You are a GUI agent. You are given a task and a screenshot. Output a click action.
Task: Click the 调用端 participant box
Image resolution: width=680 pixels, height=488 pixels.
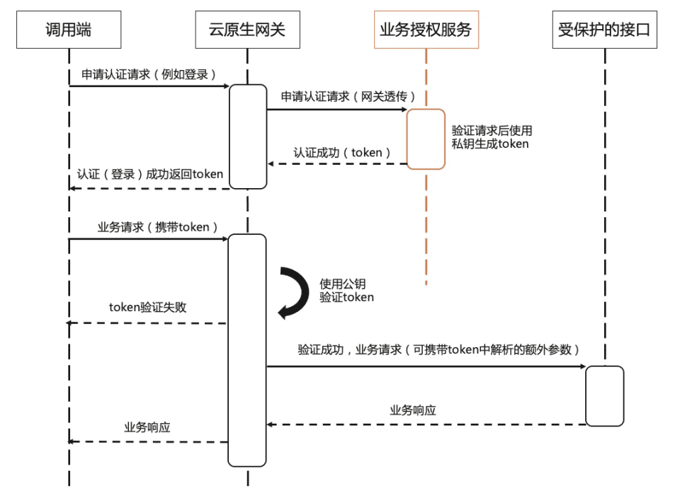tap(69, 30)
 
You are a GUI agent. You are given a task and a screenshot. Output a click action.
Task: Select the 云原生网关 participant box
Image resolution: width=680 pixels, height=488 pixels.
tap(248, 30)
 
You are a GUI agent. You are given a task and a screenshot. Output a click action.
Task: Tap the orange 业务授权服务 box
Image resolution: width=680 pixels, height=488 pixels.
tap(426, 30)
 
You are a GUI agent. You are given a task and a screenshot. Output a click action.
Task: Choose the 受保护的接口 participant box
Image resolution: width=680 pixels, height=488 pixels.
tap(604, 30)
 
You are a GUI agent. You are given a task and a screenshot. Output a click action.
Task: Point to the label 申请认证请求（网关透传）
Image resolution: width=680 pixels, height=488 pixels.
tap(337, 96)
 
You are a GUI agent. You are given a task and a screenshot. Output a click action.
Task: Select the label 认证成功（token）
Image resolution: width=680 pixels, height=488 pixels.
tap(338, 152)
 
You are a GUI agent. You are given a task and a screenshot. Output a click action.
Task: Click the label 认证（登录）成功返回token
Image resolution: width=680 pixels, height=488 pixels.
tap(150, 175)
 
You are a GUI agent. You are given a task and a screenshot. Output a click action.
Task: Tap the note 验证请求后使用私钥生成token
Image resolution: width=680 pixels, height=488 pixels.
tap(492, 137)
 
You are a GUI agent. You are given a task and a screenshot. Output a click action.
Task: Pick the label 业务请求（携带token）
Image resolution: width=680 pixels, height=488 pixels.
tap(148, 227)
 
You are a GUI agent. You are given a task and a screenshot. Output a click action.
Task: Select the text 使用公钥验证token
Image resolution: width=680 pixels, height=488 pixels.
tap(346, 291)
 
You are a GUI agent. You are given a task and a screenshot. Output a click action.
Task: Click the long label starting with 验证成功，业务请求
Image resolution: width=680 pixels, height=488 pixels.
tap(439, 350)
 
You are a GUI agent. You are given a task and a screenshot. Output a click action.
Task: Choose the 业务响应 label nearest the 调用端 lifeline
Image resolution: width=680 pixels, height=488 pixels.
tap(147, 427)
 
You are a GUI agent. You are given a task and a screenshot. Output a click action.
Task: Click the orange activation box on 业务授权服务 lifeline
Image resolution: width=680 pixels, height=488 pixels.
tap(426, 139)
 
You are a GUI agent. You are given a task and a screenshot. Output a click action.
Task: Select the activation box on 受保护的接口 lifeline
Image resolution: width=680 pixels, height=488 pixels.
tap(604, 396)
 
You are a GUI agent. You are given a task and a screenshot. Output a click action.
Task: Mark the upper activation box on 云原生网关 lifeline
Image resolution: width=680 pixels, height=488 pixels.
tap(248, 136)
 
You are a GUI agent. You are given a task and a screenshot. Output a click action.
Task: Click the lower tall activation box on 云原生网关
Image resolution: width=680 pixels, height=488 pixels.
tap(247, 350)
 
